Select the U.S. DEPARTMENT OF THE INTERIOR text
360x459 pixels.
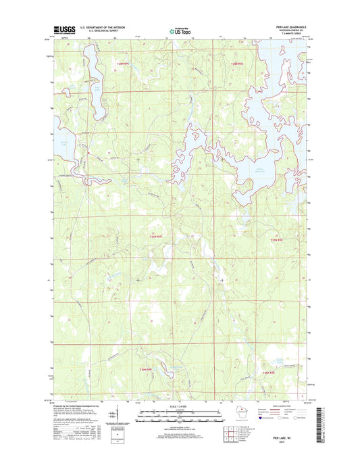point(104,27)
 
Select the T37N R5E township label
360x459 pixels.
point(278,239)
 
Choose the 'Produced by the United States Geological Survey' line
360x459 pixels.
point(81,404)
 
